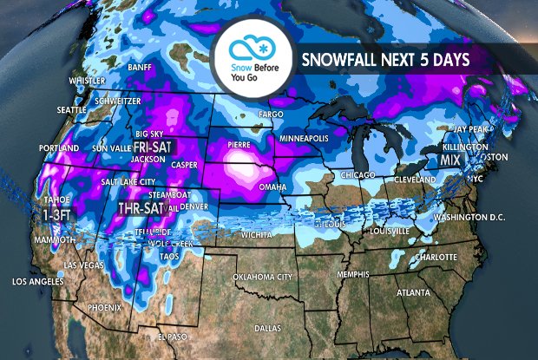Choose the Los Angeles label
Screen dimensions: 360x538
click(37, 282)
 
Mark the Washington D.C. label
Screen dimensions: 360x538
click(470, 215)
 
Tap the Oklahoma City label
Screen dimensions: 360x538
click(259, 277)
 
